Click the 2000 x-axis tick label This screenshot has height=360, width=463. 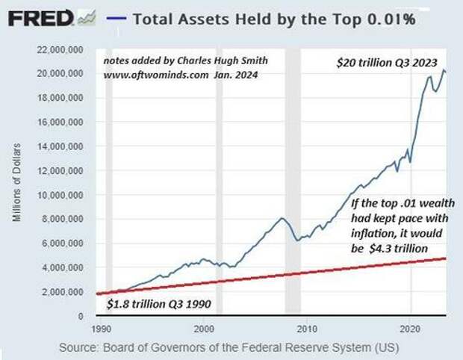coord(203,328)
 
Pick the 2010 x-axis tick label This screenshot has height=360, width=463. coord(306,328)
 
